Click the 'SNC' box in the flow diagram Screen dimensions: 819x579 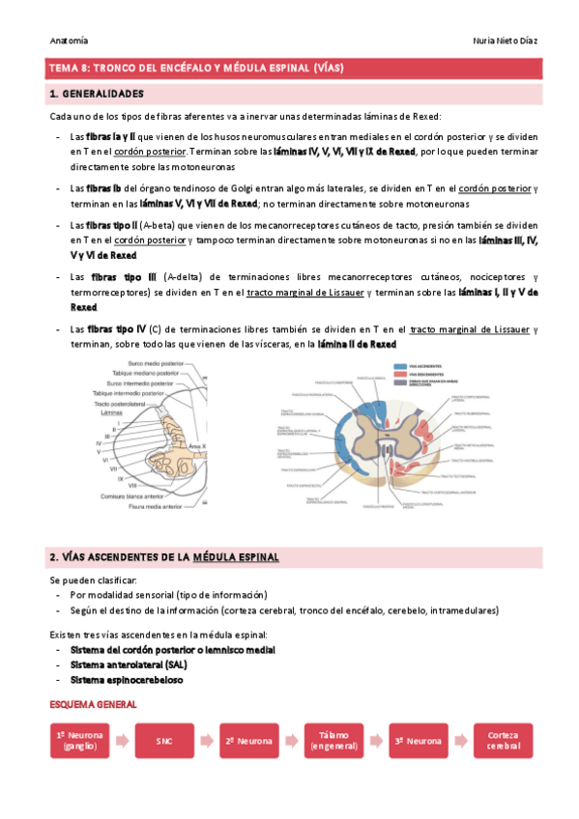(163, 741)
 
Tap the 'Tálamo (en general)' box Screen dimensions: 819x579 (333, 741)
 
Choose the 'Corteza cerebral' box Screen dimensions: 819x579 (504, 741)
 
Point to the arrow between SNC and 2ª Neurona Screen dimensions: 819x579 (206, 741)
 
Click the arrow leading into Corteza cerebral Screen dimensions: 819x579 (461, 741)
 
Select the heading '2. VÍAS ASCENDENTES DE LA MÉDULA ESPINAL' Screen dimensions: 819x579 (164, 557)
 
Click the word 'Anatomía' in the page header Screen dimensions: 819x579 (69, 40)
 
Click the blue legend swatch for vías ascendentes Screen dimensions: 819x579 (400, 366)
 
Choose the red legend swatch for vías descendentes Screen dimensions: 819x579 (400, 374)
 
